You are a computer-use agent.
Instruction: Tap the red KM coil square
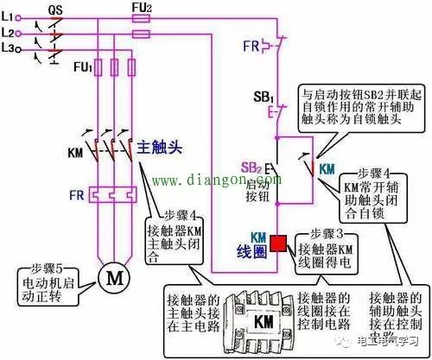coord(279,243)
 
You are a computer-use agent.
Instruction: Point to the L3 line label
coord(10,48)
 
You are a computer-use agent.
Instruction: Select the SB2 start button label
coord(251,166)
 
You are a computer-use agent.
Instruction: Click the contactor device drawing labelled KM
coord(259,319)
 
